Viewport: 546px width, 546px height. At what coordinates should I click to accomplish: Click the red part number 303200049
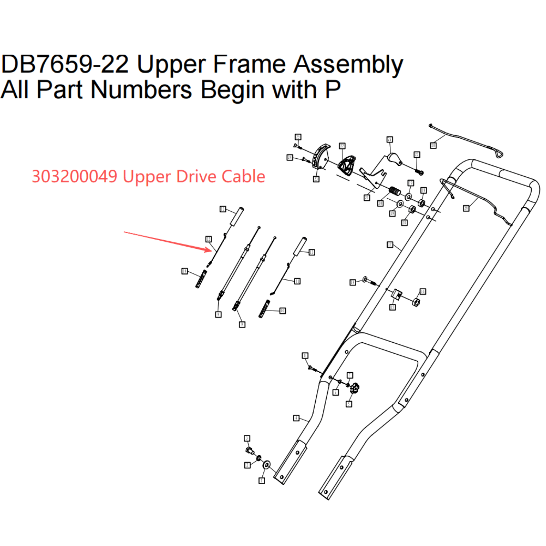(74, 176)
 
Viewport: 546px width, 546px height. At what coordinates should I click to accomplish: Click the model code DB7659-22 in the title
(65, 64)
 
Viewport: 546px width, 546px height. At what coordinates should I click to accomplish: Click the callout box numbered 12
(209, 239)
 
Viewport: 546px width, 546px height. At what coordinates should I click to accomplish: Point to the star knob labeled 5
(355, 388)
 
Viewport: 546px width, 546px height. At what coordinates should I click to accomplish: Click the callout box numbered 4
(296, 418)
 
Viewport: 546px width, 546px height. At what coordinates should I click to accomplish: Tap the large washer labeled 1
(267, 465)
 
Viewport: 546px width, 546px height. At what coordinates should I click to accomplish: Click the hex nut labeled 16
(416, 302)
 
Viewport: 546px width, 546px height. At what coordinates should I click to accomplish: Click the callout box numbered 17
(390, 245)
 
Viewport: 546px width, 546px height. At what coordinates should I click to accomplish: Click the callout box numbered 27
(417, 155)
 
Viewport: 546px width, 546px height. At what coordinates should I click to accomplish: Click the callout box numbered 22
(342, 146)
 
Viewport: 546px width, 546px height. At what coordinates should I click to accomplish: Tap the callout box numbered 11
(297, 281)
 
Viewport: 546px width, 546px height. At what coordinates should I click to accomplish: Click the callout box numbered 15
(392, 307)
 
